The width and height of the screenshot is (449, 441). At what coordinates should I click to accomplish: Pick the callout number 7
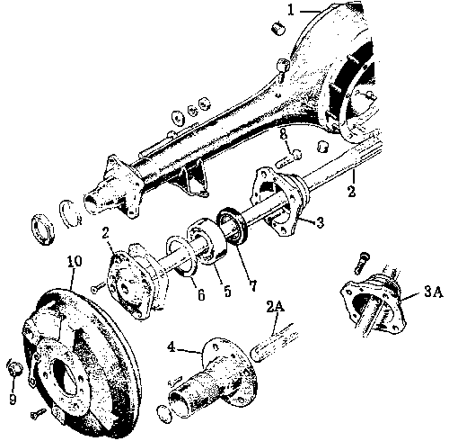click(x=253, y=286)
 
